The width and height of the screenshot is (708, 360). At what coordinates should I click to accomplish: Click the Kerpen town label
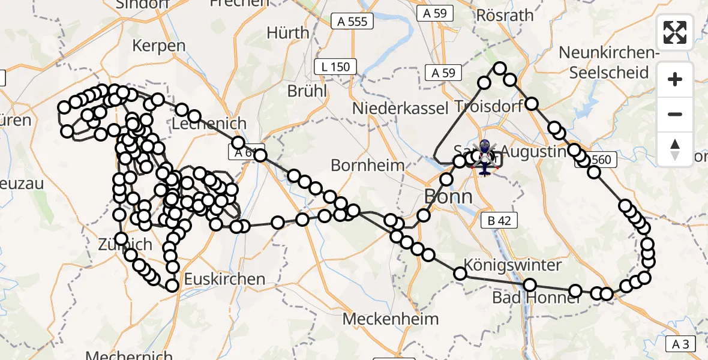click(158, 46)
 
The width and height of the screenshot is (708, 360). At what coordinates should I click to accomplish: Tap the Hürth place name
click(288, 32)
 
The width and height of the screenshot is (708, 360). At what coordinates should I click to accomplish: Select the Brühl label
click(307, 91)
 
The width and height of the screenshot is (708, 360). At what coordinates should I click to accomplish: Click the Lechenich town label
click(209, 123)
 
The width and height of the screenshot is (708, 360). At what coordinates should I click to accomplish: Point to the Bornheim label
click(368, 165)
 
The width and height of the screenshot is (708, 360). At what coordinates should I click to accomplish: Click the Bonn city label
click(448, 196)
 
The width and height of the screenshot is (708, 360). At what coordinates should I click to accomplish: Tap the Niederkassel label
click(400, 109)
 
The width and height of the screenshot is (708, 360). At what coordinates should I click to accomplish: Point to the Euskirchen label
click(224, 279)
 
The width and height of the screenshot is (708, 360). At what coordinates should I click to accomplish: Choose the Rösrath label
click(505, 15)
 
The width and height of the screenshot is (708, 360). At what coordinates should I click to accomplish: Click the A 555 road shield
click(353, 22)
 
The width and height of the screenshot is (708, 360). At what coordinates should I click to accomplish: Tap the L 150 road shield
click(336, 67)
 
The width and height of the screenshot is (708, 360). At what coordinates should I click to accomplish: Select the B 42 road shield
click(499, 221)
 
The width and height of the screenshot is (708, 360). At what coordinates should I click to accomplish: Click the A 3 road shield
click(680, 344)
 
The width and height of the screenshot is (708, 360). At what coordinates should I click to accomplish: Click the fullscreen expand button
click(675, 32)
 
